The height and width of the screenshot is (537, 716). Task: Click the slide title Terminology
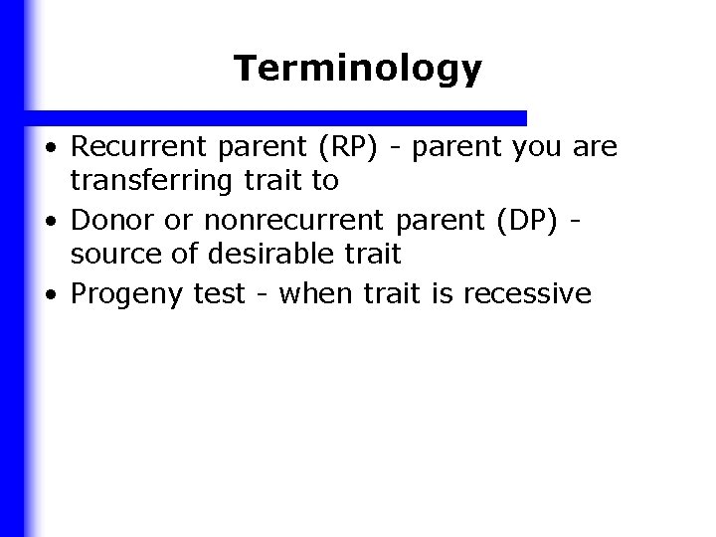click(x=357, y=69)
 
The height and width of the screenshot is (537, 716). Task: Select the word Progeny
click(x=123, y=294)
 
